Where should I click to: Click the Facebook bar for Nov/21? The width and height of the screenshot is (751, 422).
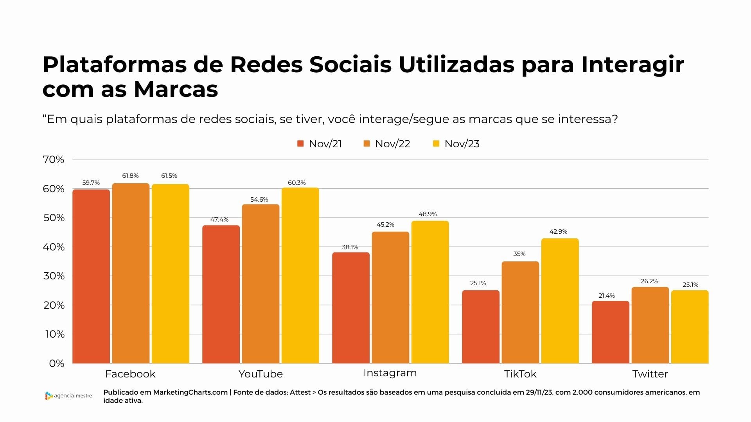91,276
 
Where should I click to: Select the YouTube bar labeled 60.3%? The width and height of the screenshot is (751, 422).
300,275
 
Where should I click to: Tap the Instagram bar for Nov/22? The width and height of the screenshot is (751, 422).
390,297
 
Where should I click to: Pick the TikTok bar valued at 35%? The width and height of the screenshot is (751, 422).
520,312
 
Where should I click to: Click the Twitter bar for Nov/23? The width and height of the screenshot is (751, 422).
690,327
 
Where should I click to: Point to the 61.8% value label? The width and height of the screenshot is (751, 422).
130,176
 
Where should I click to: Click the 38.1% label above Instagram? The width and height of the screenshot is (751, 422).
350,247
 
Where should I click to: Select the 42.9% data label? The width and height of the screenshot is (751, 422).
558,232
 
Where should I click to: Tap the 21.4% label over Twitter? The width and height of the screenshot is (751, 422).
607,296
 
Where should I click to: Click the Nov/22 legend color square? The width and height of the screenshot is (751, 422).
367,144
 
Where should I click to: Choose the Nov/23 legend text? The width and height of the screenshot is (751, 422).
462,144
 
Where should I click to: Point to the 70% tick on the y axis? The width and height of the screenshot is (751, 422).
54,159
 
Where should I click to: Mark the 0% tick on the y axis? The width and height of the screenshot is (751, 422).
57,363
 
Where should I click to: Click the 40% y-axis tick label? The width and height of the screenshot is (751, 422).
54,247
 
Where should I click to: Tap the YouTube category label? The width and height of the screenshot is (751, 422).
261,374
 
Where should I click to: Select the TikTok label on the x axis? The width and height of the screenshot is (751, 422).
520,374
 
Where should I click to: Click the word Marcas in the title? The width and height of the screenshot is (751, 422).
176,89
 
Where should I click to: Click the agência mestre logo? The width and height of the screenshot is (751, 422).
68,396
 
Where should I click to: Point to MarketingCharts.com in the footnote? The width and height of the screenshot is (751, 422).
190,392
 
